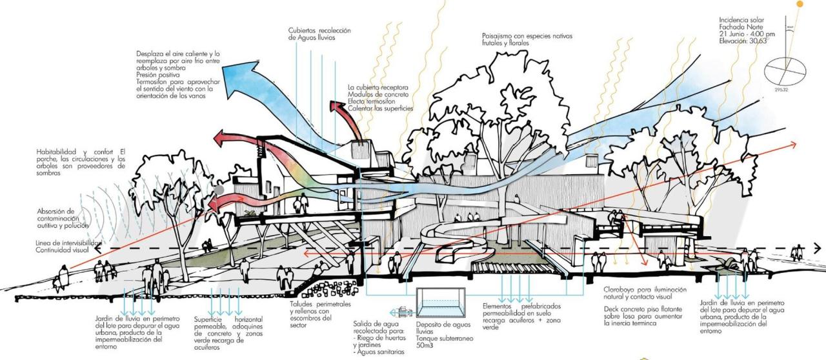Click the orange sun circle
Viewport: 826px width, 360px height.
(801, 4)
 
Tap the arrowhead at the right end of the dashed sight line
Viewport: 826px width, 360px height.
(818, 248)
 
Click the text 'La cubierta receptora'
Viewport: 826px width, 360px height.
(378, 87)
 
